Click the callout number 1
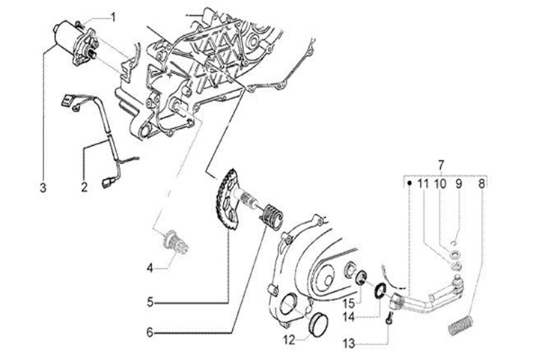coord(113,16)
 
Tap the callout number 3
coord(43,189)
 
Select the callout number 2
coord(84,187)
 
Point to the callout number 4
coord(150,268)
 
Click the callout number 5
coord(150,302)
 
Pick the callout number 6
coord(150,332)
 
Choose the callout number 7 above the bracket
coord(441,165)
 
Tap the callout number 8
coord(481,184)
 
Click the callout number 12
coord(289,340)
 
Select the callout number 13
coord(349,344)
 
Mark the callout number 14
coord(349,317)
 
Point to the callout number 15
coord(349,304)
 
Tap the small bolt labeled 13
coord(389,318)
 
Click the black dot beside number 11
coord(409,183)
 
